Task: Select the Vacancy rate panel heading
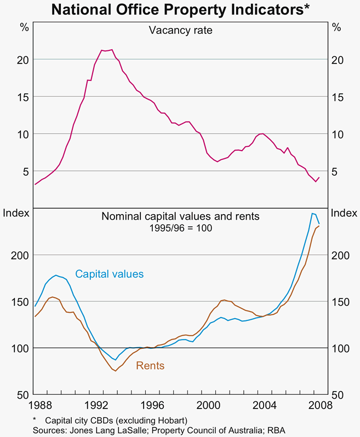[180, 30]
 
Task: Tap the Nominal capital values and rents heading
[180, 216]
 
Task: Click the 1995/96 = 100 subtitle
[180, 227]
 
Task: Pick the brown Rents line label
[150, 366]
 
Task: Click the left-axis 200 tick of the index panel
[18, 255]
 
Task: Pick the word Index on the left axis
[15, 213]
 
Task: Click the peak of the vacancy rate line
[112, 50]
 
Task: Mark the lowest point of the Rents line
[115, 371]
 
